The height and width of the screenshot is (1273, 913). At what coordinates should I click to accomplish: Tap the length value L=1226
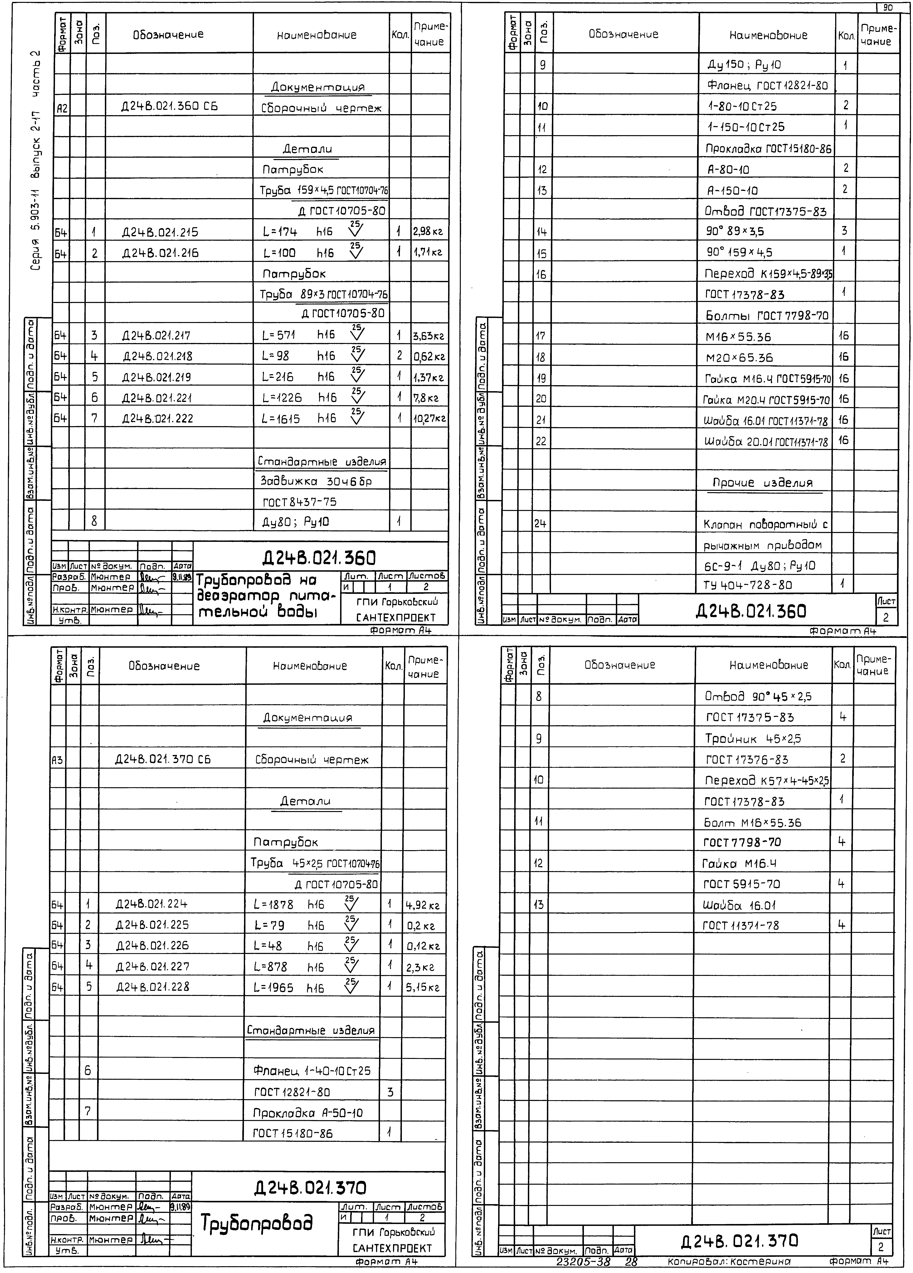[x=282, y=398]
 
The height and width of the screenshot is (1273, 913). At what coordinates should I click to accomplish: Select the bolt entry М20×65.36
[x=739, y=358]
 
